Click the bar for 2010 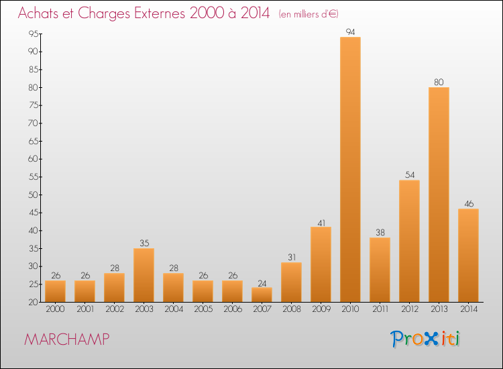tap(350, 169)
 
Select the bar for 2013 tap(439, 195)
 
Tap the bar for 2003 tap(144, 275)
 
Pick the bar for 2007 tap(262, 295)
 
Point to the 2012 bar tap(409, 241)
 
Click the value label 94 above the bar tap(350, 32)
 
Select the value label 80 tap(439, 82)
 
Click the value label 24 tap(262, 282)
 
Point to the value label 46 tap(468, 203)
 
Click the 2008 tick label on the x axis tap(291, 309)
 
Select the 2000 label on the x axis tap(55, 309)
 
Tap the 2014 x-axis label tap(468, 309)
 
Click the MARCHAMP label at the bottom tap(66, 339)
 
